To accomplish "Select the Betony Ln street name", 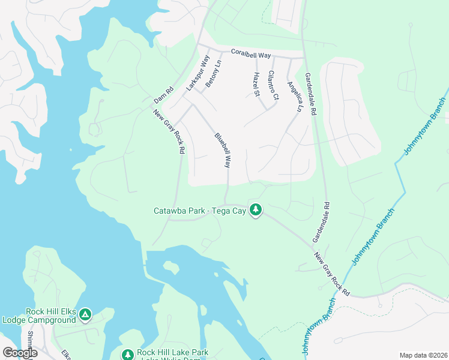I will tap(213, 76).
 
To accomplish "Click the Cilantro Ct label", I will tap(274, 85).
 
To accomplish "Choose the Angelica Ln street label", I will tap(294, 97).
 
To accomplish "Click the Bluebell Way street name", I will tap(223, 151).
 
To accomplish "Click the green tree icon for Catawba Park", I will tap(256, 209).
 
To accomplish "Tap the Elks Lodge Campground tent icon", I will tap(86, 314).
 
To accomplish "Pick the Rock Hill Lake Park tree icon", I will tap(127, 355).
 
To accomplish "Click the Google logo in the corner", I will tap(20, 353).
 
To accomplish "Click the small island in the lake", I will tap(172, 266).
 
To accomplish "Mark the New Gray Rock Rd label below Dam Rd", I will tap(167, 132).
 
